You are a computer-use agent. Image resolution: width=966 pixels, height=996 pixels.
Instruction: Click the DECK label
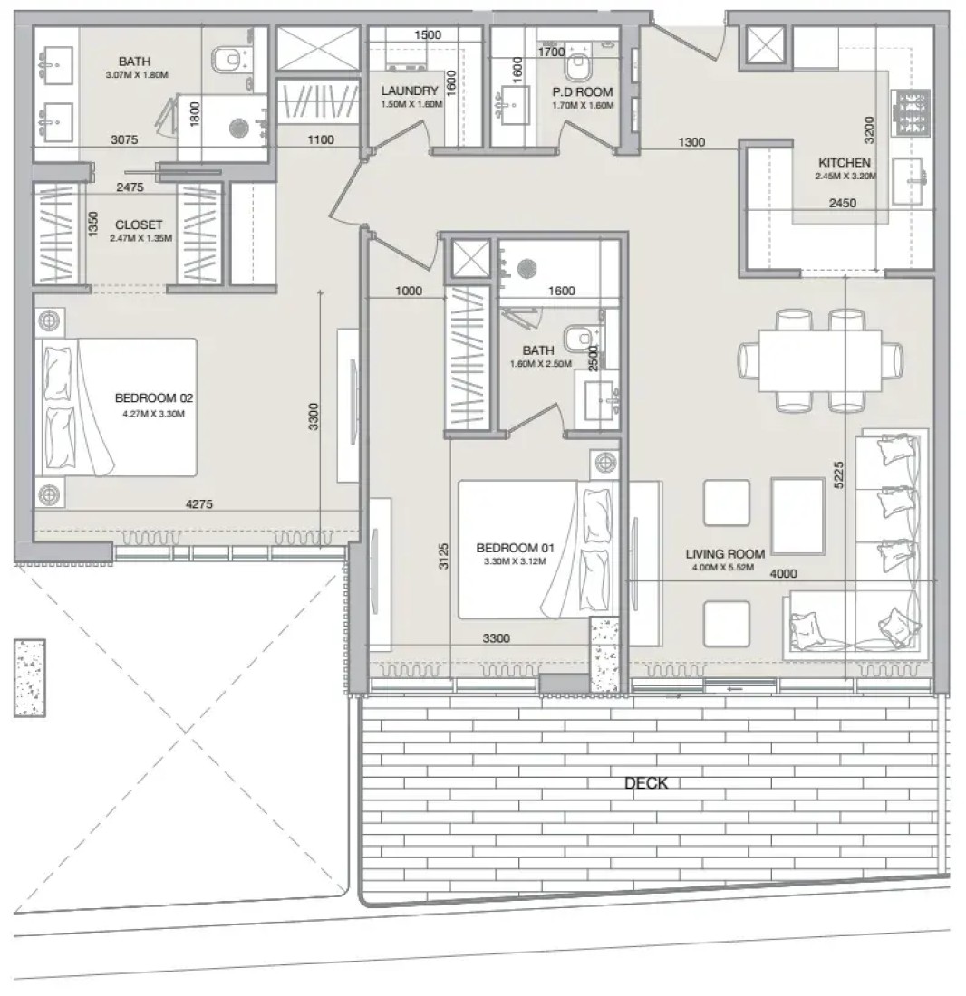[x=646, y=783]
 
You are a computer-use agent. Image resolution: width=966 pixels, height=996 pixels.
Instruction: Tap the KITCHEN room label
[x=844, y=163]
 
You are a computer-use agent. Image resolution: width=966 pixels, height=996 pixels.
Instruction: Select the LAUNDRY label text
[x=410, y=91]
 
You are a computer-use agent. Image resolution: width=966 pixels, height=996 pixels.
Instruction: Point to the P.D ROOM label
[x=582, y=92]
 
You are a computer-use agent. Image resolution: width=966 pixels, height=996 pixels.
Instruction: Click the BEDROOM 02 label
[x=154, y=398]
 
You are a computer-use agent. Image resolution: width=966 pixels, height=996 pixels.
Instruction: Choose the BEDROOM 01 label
[x=515, y=548]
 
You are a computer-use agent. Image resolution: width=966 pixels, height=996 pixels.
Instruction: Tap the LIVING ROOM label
[x=725, y=554]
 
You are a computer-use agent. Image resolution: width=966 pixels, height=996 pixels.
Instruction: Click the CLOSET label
[x=139, y=225]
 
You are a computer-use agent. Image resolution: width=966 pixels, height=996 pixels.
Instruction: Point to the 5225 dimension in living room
[x=838, y=474]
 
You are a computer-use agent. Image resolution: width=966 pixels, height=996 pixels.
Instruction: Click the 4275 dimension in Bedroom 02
[x=199, y=503]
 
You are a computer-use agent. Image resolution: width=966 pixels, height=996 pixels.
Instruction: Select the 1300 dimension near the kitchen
[x=691, y=141]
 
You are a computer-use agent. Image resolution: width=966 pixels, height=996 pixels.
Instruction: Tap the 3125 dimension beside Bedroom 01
[x=444, y=555]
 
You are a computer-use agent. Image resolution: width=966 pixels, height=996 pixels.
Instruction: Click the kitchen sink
[x=907, y=181]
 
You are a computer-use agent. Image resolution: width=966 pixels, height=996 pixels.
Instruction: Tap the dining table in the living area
[x=820, y=360]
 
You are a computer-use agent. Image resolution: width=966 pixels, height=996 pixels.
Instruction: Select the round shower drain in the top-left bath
[x=237, y=128]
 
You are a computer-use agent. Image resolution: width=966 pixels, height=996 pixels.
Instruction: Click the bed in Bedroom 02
[x=118, y=407]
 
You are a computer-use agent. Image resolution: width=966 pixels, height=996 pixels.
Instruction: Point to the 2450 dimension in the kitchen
[x=842, y=203]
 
